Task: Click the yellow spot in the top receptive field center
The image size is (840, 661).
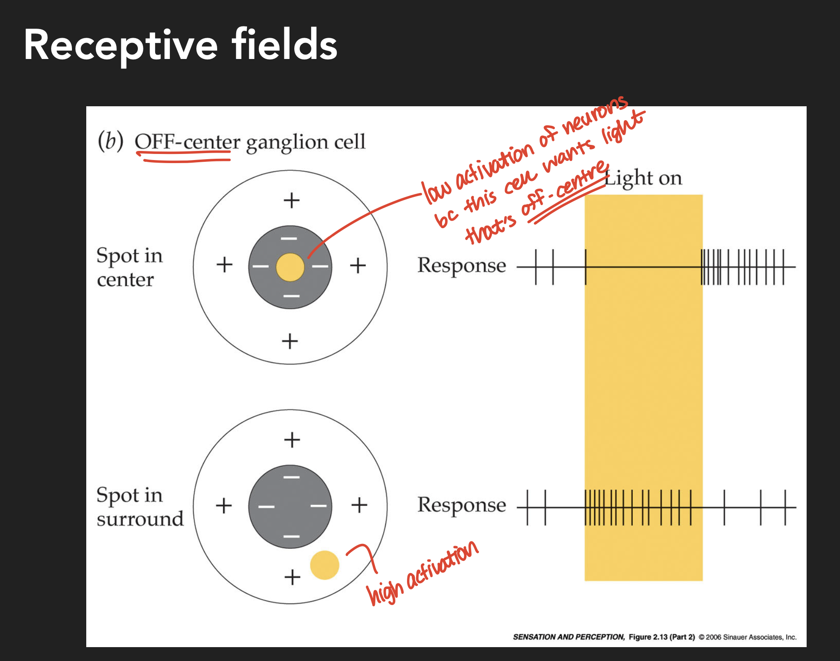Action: (x=290, y=267)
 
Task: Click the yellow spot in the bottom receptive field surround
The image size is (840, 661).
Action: (x=324, y=565)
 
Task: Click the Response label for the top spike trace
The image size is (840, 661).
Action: (x=462, y=265)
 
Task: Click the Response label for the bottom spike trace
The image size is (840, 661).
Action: (x=462, y=505)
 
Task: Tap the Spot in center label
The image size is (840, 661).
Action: (x=129, y=267)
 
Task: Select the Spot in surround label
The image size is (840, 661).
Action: (x=140, y=507)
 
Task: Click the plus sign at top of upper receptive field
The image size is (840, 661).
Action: (x=291, y=200)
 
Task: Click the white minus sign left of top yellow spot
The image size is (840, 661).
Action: (x=260, y=266)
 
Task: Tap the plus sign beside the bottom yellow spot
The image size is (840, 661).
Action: (x=292, y=577)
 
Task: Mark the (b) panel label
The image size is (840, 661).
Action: (x=111, y=141)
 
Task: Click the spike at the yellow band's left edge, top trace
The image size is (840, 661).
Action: (x=586, y=267)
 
